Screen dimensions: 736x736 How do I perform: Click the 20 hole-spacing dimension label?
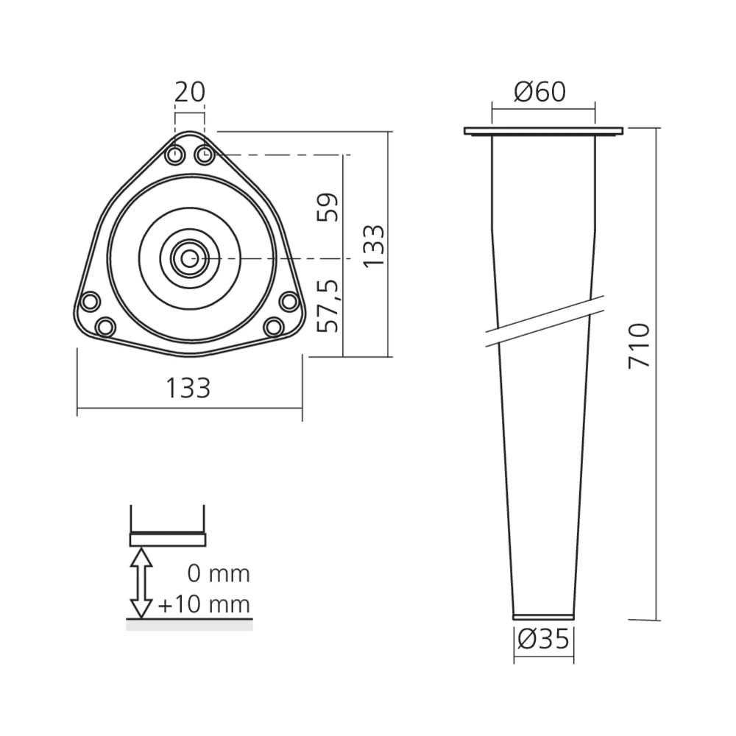coord(189,92)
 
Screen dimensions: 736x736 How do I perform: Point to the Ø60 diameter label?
coord(540,92)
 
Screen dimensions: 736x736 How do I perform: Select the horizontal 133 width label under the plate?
coord(189,387)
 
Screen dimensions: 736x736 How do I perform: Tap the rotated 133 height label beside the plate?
coord(374,246)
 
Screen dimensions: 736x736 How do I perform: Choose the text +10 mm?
coord(204,605)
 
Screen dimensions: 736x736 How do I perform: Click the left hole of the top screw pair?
coord(176,155)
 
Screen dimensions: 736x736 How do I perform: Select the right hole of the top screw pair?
coord(204,155)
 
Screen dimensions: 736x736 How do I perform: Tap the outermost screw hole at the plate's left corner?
coord(90,302)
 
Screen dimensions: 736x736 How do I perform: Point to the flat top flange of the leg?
coord(543,132)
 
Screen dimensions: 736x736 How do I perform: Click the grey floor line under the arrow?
coord(189,624)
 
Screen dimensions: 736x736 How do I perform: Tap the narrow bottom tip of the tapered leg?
coord(543,615)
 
